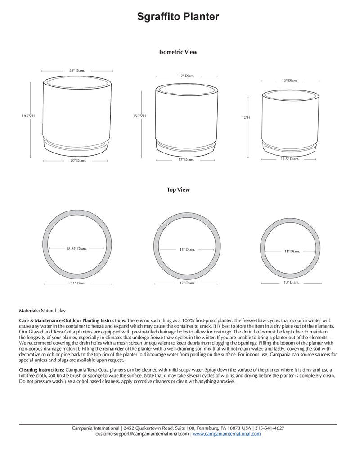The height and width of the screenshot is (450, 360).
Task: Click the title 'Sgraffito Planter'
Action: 178,17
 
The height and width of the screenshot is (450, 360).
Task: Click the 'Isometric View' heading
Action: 178,52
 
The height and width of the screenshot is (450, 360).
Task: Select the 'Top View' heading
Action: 178,190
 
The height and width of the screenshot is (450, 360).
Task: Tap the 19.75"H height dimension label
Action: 28,116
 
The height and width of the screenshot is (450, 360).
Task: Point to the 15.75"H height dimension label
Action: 139,116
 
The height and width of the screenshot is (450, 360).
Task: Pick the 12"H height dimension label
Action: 246,117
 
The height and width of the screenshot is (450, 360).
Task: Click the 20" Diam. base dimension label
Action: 77,160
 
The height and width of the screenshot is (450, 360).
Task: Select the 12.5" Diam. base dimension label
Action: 290,159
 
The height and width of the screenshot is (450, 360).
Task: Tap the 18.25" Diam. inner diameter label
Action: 76,248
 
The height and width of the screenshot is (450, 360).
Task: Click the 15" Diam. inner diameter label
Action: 187,249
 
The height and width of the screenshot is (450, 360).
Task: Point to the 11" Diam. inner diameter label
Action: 292,252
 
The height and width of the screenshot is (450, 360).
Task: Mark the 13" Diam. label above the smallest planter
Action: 290,81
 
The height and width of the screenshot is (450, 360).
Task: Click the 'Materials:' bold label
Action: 30,310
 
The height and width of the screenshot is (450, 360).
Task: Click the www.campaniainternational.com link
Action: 227,434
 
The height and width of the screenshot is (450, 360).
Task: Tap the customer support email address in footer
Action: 143,434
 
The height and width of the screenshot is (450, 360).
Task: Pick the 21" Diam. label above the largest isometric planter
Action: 77,71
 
